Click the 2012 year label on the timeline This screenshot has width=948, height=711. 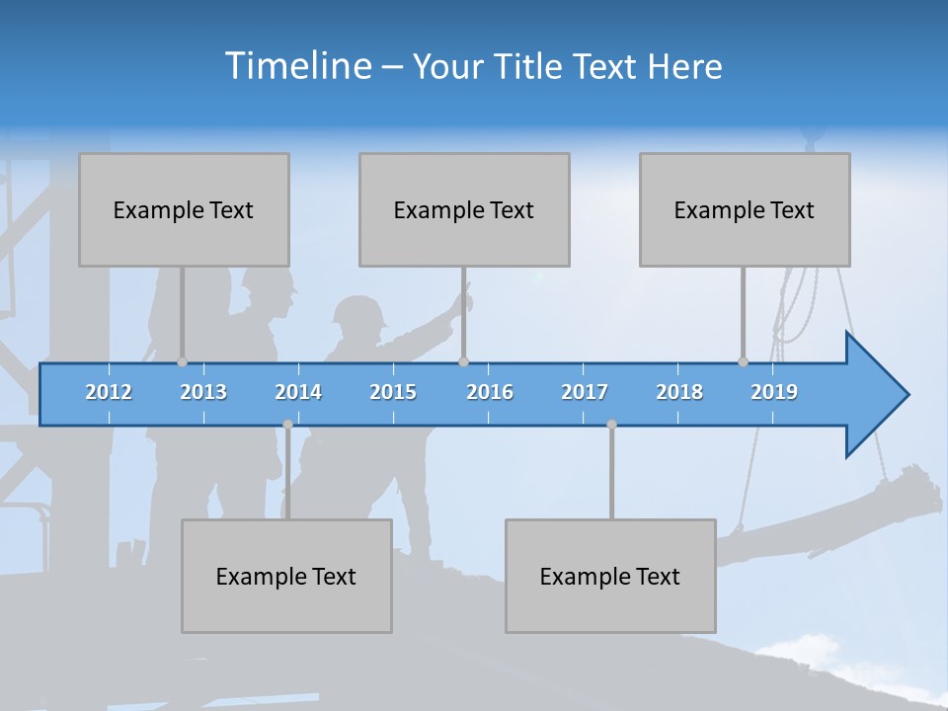pos(109,392)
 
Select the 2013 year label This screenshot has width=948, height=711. pos(203,392)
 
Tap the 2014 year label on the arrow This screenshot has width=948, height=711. pos(298,392)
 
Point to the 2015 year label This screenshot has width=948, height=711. pos(393,392)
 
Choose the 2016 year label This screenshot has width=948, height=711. pos(490,392)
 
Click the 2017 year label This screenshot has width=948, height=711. pos(585,392)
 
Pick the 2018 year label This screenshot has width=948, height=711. pos(679,392)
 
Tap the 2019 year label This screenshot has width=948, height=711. pos(774,392)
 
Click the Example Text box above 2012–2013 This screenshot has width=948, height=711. pos(184,209)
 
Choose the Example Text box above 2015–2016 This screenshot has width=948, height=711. pos(464,209)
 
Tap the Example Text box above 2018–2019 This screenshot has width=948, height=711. pos(745,209)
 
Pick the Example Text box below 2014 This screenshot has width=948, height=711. pos(286,576)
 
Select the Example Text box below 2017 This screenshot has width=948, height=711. pos(610,576)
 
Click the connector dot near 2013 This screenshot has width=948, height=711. pos(182,361)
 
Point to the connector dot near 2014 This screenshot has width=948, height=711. pos(287,425)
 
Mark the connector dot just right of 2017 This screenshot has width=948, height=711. pos(611,425)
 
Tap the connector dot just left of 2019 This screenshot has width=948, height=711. pos(743,361)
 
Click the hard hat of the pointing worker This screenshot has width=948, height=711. pos(358,313)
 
